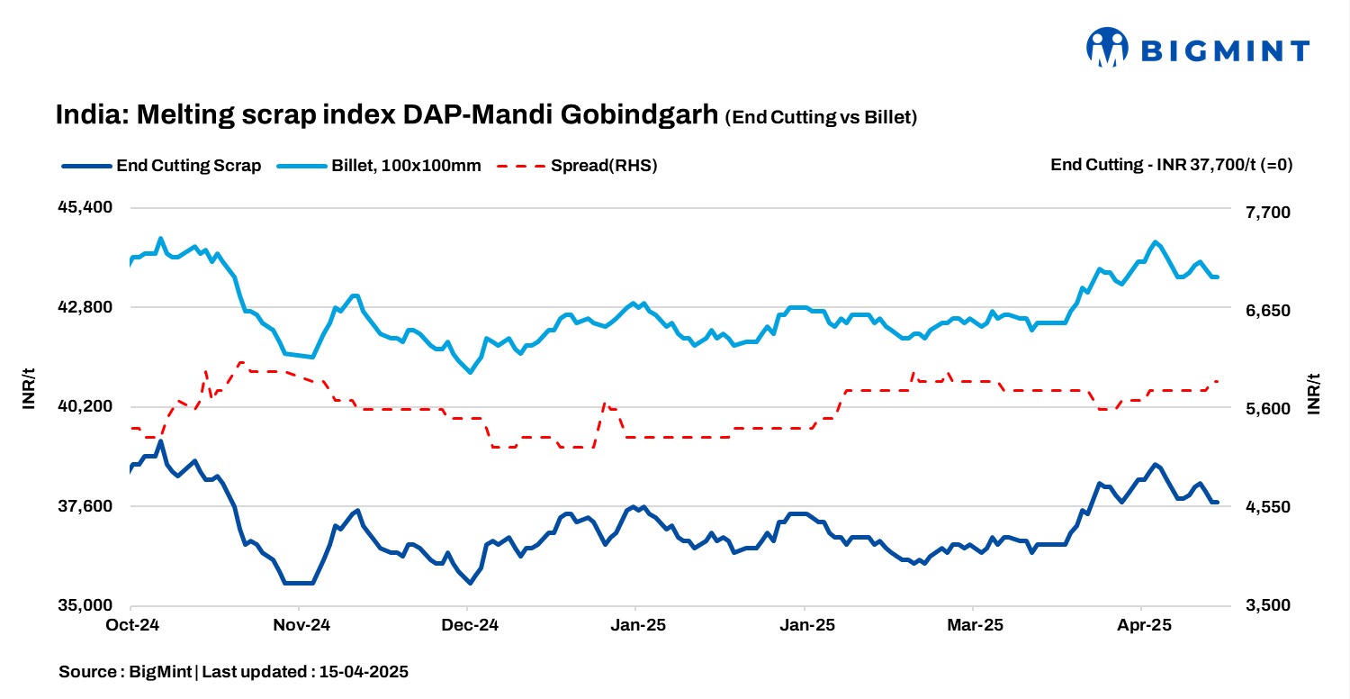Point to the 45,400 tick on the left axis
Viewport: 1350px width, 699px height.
click(x=85, y=207)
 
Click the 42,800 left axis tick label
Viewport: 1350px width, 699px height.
click(x=85, y=307)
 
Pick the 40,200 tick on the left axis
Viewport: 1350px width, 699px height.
click(x=85, y=406)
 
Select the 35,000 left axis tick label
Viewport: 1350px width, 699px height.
click(x=85, y=605)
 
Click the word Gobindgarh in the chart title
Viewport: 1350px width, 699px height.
click(x=640, y=116)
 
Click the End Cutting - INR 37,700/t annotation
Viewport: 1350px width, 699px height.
click(x=1171, y=166)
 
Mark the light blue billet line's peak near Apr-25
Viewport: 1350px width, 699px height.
click(x=1156, y=241)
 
